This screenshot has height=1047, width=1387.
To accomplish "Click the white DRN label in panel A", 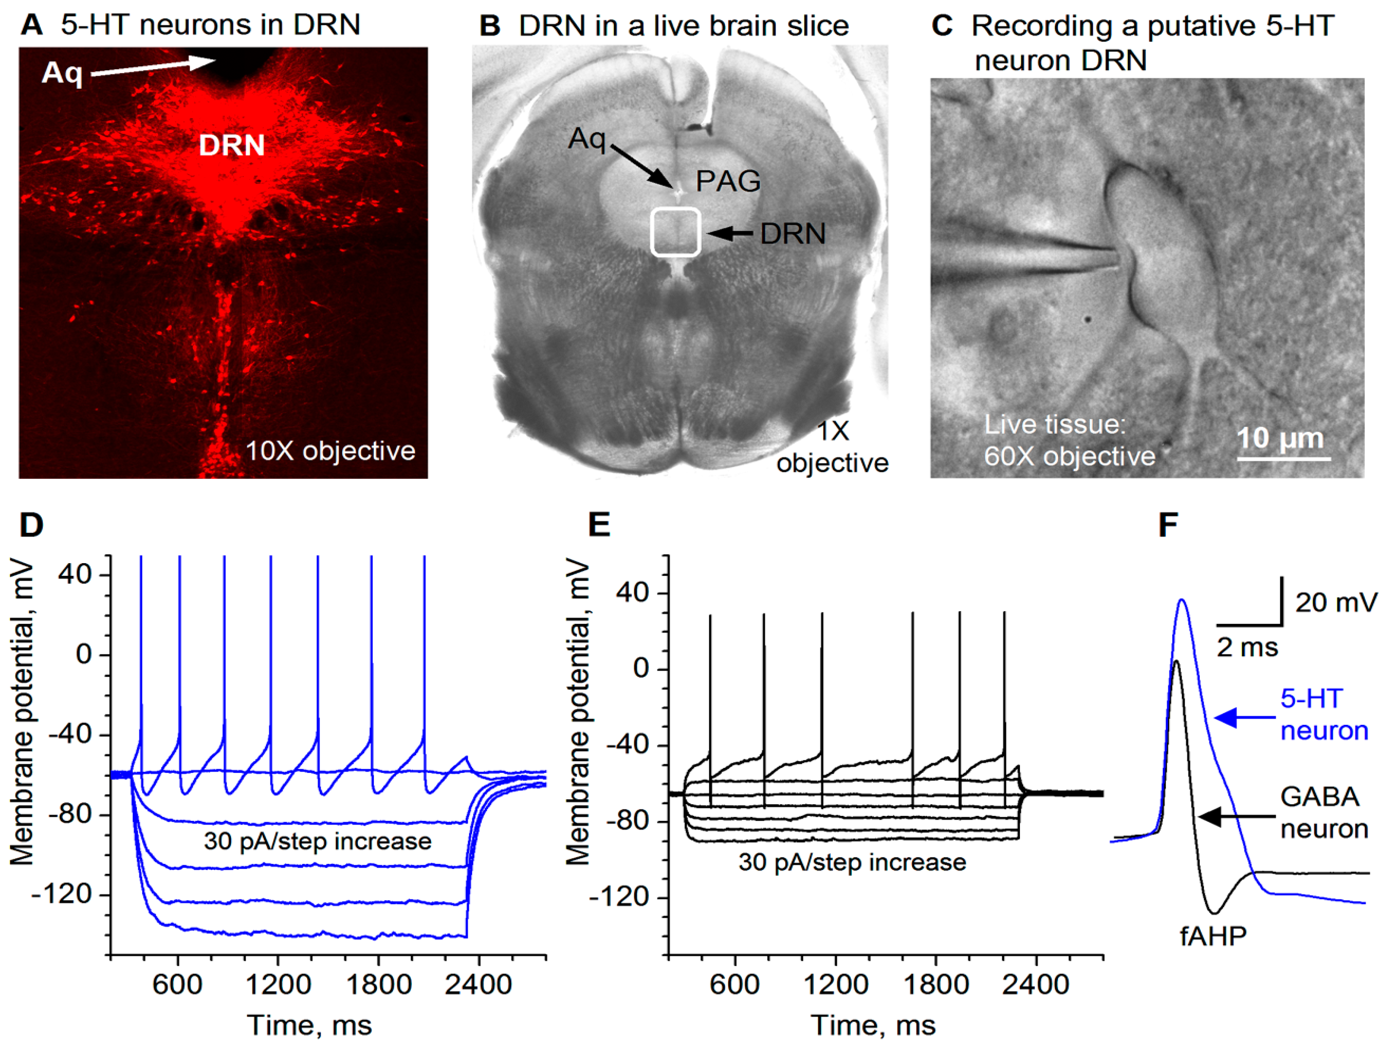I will (x=232, y=145).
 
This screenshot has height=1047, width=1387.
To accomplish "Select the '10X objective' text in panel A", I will (x=330, y=451).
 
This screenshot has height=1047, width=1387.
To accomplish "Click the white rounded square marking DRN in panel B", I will (x=675, y=232).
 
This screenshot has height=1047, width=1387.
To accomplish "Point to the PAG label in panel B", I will (x=728, y=181).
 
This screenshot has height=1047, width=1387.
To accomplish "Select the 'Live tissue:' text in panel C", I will (x=1055, y=425).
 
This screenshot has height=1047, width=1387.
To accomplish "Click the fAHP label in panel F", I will (x=1213, y=936).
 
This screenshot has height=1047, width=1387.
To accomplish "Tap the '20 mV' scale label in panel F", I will (x=1336, y=603).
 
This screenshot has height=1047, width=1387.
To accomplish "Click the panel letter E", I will (x=599, y=525).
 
